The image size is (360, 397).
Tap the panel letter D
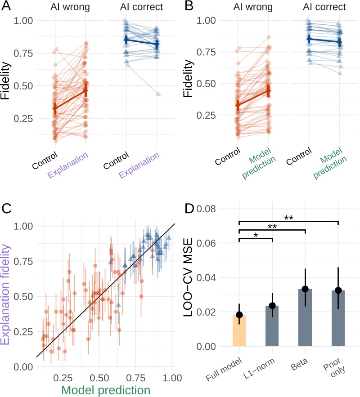190,209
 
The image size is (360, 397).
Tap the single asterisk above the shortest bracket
256,235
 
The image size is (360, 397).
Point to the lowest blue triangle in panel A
157,94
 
